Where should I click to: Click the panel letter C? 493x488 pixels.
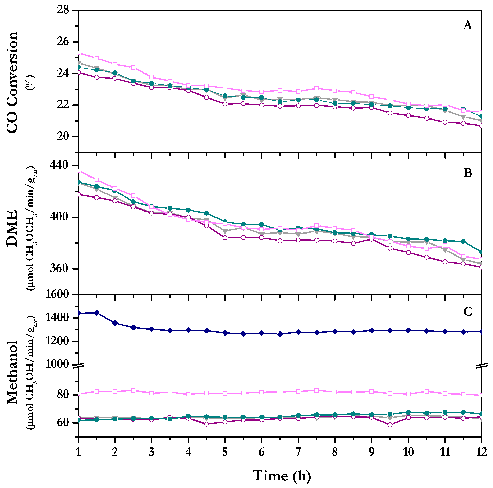tap(468, 311)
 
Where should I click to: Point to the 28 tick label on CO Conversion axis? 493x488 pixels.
tap(63, 10)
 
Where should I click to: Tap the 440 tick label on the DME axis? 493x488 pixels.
tap(59, 165)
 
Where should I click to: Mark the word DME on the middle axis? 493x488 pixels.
tap(12, 228)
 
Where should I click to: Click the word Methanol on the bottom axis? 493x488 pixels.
tap(12, 372)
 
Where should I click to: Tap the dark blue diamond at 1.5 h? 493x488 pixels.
tap(97, 313)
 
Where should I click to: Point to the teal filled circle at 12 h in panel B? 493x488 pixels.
tap(481, 252)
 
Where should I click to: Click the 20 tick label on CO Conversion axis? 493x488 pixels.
tap(63, 137)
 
